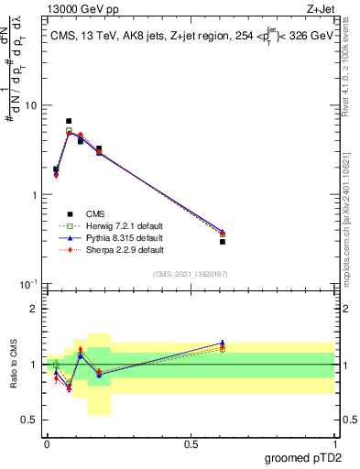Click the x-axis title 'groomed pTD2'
[x=305, y=457]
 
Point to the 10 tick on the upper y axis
[x=29, y=105]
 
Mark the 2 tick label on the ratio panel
[x=33, y=309]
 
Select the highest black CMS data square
[x=69, y=121]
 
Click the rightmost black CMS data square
[x=223, y=242]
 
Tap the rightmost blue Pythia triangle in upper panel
[x=223, y=232]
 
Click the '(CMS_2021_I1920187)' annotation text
[x=191, y=273]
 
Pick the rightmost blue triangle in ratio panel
[x=223, y=343]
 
